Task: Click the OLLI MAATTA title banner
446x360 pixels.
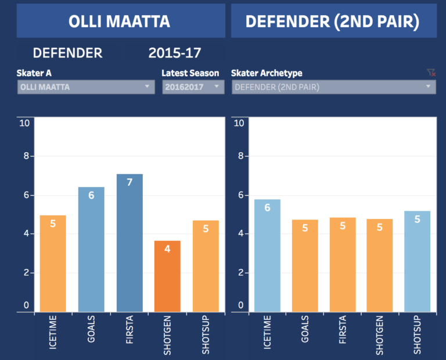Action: pos(120,21)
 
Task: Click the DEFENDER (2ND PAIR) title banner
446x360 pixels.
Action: pos(333,21)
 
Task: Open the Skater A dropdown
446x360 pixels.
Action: pos(86,87)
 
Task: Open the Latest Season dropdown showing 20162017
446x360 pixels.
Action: pos(192,87)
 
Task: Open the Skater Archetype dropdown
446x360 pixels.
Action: pos(333,87)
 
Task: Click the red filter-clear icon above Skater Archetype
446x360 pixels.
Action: pos(431,73)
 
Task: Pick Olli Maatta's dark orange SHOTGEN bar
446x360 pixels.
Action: pos(167,276)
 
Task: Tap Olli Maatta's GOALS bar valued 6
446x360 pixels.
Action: pos(91,249)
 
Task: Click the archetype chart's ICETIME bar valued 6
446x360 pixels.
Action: pos(267,255)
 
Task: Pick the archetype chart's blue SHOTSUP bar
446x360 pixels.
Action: pos(418,261)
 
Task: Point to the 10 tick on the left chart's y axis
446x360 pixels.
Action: pos(24,123)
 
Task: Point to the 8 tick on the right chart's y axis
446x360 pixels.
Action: pos(239,156)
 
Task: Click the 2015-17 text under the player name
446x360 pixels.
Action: pos(175,53)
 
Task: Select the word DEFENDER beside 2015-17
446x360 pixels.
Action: pos(68,53)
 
